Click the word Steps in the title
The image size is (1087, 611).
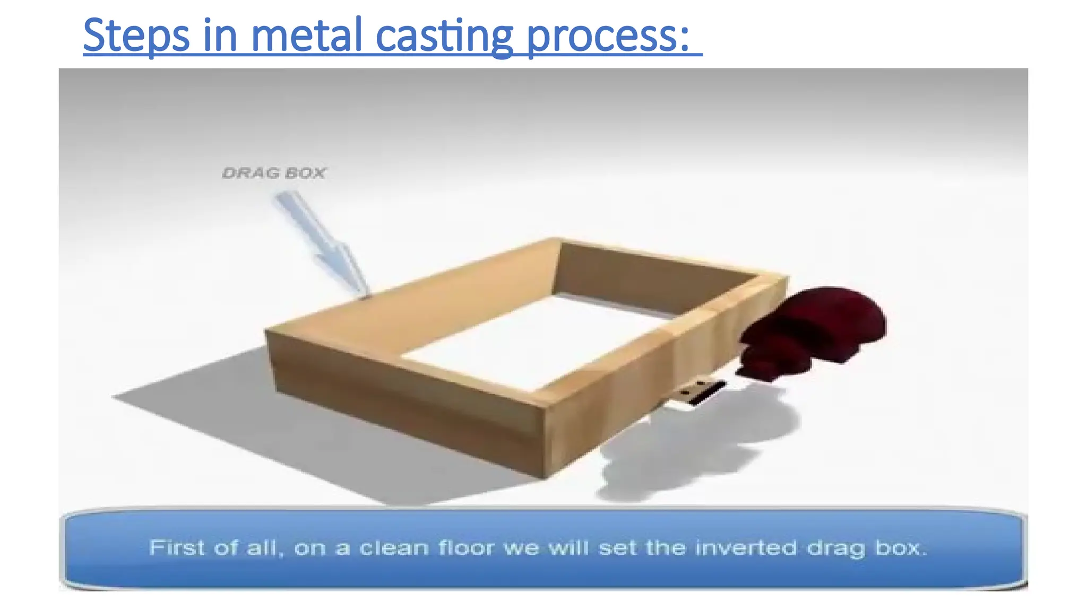coord(136,36)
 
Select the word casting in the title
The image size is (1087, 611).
coord(444,36)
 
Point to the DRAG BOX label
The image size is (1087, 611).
coord(274,173)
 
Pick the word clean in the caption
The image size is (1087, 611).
coord(394,547)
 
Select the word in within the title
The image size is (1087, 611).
coord(220,36)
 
